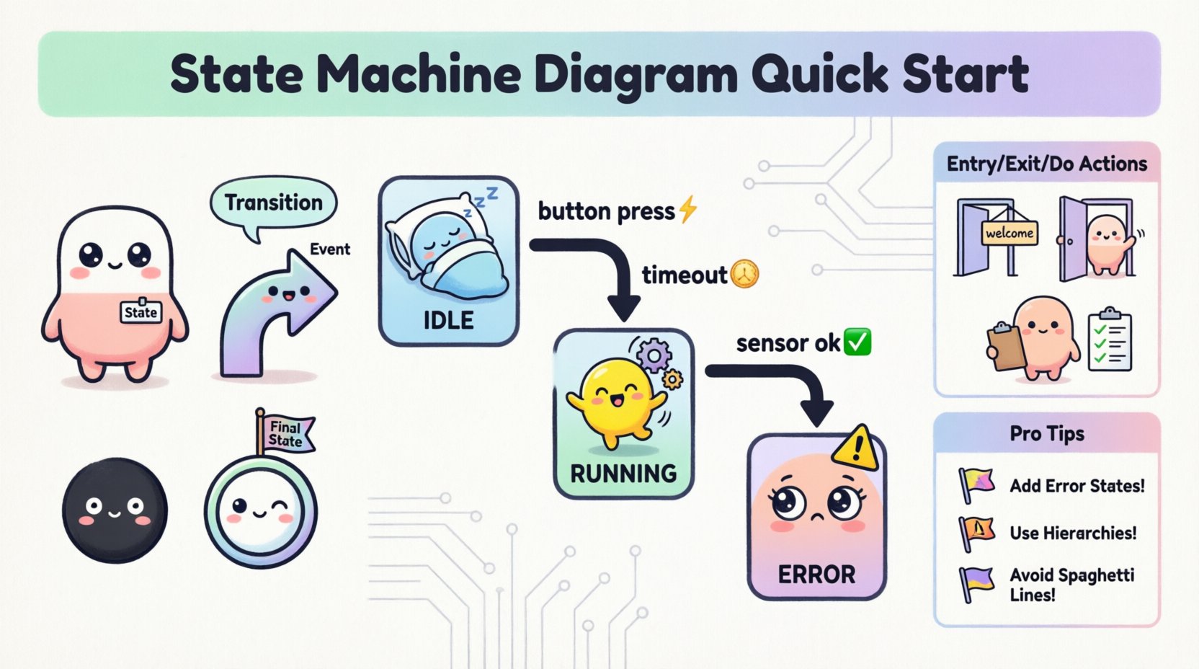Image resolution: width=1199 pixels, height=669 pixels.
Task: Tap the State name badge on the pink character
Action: tap(141, 311)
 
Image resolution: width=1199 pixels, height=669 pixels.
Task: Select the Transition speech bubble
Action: tap(273, 203)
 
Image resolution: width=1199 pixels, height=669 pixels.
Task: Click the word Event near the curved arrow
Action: tap(329, 249)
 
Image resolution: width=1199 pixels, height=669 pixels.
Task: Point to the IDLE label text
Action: tap(448, 319)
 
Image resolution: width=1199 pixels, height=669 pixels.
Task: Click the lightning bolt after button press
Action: tap(688, 210)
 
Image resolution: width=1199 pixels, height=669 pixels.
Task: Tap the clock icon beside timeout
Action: tap(745, 274)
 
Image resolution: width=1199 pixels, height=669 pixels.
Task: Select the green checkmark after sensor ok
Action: tap(857, 342)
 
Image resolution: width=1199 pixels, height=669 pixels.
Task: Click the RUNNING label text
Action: tap(623, 474)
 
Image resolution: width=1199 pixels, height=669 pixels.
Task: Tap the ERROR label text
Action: tap(816, 575)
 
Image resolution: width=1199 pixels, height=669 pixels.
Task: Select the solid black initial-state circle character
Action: tap(115, 509)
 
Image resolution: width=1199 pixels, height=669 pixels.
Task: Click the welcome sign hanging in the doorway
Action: tap(1009, 233)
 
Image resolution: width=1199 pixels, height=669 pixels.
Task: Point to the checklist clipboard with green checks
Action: tap(1110, 340)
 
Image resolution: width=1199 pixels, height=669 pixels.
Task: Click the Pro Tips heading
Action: tap(1046, 434)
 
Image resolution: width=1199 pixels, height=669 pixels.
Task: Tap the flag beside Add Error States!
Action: tap(976, 484)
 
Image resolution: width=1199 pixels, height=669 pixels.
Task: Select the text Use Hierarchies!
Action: tap(1073, 533)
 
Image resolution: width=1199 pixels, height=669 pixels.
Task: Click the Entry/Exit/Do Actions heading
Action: tap(1046, 164)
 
